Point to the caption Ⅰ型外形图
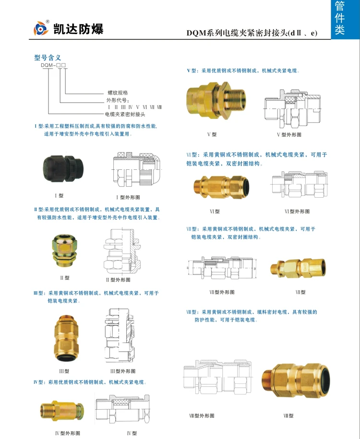click(x=128, y=197)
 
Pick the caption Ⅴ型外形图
click(x=289, y=135)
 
